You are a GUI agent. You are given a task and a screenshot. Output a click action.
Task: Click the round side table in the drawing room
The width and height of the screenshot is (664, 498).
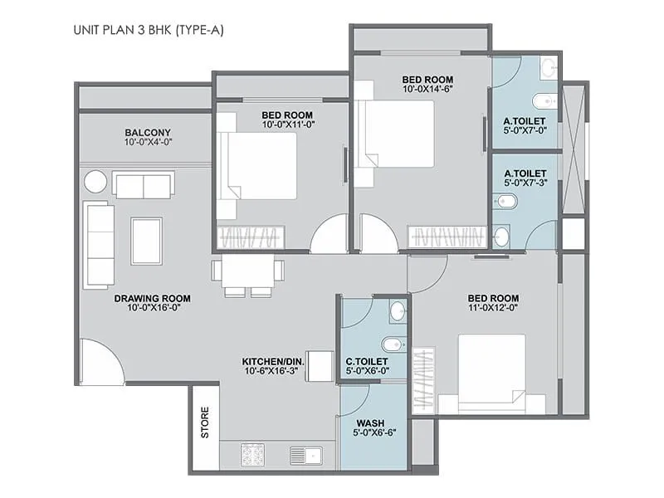95,181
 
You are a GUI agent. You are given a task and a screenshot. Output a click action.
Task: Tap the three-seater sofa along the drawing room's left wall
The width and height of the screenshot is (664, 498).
99,245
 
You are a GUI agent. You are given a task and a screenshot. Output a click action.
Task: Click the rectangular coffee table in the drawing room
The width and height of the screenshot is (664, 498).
146,241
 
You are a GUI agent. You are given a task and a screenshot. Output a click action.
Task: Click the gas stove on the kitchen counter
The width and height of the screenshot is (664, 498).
252,454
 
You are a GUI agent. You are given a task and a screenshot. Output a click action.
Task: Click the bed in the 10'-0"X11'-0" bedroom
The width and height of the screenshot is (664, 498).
256,166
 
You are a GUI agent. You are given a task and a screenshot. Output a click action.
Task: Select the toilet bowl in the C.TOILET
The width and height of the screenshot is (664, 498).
391,344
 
